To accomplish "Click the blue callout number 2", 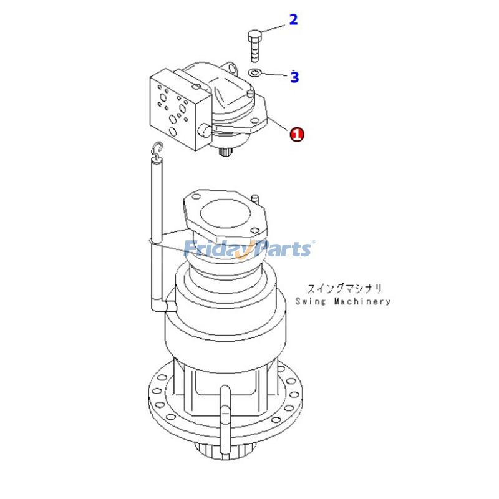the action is point(293,19).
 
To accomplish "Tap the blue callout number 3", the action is point(294,77).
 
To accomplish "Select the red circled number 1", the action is point(297,133).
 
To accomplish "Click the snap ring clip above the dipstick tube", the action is point(157,148).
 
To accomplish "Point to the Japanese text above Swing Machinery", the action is point(344,288).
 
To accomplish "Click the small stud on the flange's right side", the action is point(256,198).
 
